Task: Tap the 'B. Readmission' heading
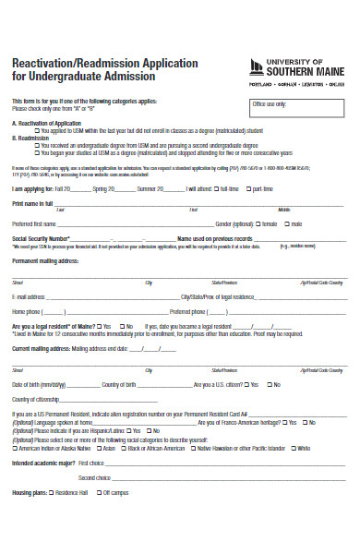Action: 30,137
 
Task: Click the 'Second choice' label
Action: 94,477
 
